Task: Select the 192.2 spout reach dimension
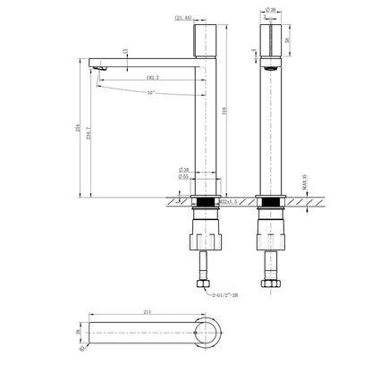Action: (x=151, y=79)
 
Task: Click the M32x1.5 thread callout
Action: (x=230, y=204)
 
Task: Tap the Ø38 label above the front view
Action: (x=271, y=9)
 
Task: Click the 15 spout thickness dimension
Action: (x=125, y=51)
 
